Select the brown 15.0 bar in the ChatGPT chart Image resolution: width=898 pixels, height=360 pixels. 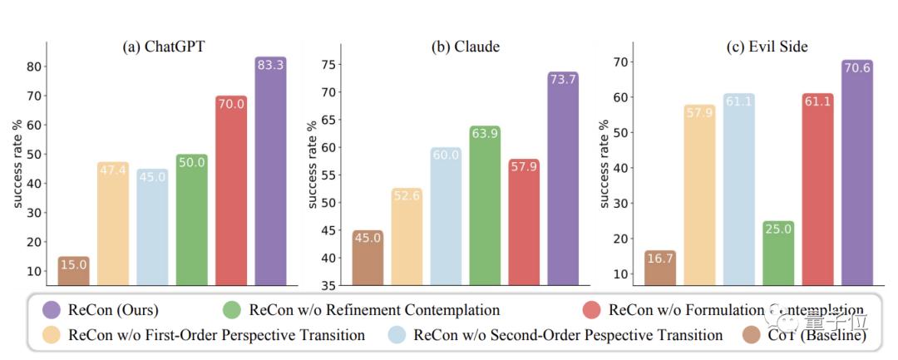[73, 272]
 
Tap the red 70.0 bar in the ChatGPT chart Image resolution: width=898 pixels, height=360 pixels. [230, 191]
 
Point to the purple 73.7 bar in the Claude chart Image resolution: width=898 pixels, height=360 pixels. [563, 180]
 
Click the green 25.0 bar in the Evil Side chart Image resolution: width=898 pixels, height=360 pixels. [777, 254]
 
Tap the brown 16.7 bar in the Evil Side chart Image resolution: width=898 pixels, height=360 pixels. [659, 269]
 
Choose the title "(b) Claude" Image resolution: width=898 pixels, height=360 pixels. [465, 47]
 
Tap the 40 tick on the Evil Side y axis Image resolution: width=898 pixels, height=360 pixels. [619, 168]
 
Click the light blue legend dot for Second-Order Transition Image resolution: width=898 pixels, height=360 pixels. [398, 336]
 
